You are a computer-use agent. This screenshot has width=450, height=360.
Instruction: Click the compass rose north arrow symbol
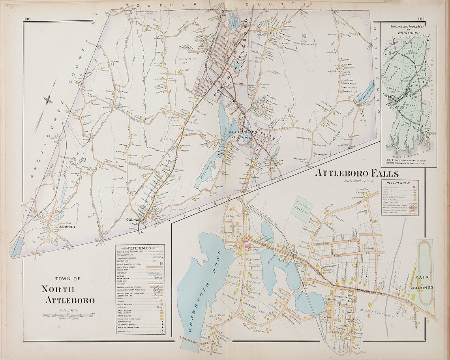[47, 100]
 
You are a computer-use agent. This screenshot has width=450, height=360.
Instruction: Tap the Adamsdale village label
[59, 227]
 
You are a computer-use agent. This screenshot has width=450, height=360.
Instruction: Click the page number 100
[27, 19]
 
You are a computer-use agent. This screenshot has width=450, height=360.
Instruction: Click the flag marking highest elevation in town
[304, 36]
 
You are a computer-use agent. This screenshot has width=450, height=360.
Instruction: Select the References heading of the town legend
[140, 248]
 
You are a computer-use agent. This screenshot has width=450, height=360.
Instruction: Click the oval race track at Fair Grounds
[426, 272]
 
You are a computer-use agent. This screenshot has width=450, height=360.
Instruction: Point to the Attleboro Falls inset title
[356, 174]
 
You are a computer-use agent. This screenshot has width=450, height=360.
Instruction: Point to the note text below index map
[409, 161]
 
